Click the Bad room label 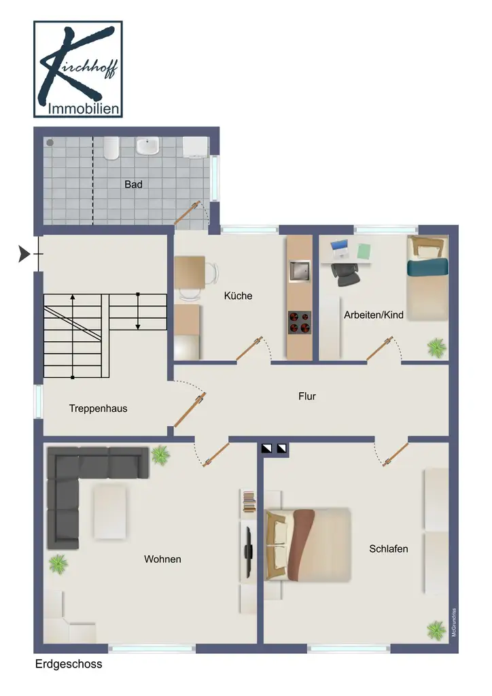click(x=133, y=184)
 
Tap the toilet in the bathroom click(x=111, y=148)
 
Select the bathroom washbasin click(x=147, y=146)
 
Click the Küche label click(x=239, y=296)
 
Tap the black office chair click(x=346, y=275)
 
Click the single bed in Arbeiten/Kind click(x=427, y=277)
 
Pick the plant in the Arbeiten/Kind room click(x=436, y=347)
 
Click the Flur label click(x=307, y=396)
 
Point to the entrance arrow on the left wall click(x=24, y=254)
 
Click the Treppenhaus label click(x=98, y=408)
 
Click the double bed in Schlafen click(x=308, y=544)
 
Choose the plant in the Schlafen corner click(x=436, y=630)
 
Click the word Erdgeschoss click(x=69, y=664)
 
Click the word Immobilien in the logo click(x=84, y=108)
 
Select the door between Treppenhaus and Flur click(x=190, y=410)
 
